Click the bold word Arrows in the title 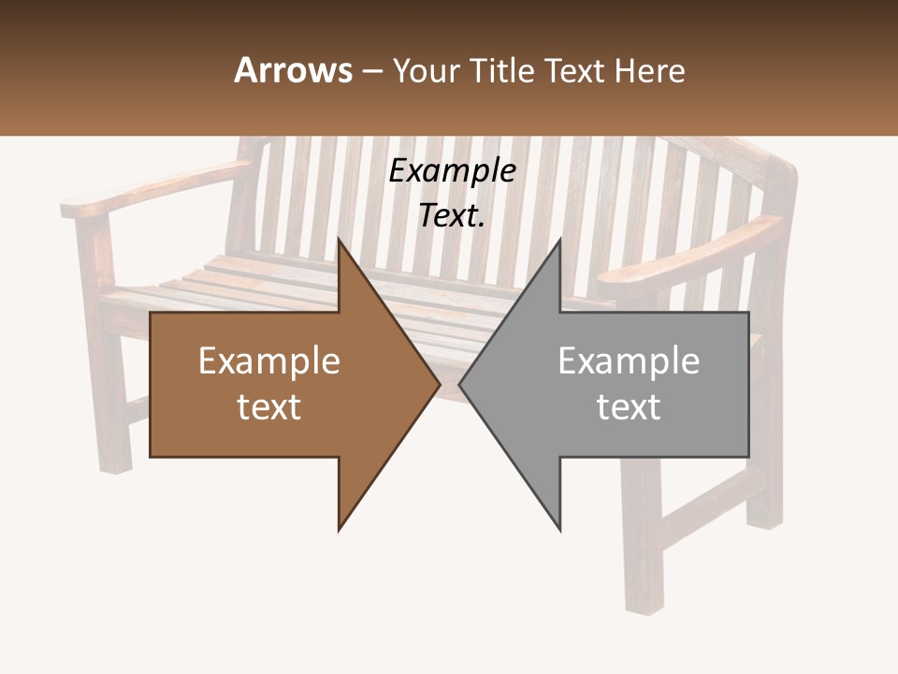293,70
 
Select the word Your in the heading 426,71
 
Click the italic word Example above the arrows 452,171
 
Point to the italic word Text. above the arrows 452,216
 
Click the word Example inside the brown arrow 269,361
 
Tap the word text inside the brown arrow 269,407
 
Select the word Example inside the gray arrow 629,361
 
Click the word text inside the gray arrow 629,407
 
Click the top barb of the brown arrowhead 340,243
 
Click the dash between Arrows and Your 371,71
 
